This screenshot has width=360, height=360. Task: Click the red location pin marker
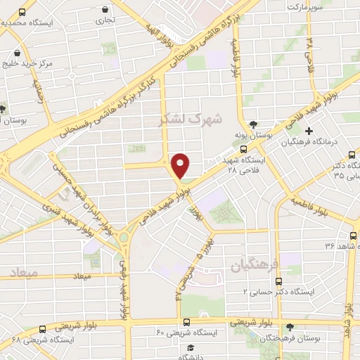pyautogui.click(x=181, y=165)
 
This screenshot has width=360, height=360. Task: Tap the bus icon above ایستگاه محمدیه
pyautogui.click(x=23, y=13)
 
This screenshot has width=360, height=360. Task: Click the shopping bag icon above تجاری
pyautogui.click(x=105, y=10)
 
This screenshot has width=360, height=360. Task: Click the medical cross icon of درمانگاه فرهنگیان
pyautogui.click(x=309, y=131)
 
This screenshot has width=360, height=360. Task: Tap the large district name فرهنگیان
pyautogui.click(x=255, y=264)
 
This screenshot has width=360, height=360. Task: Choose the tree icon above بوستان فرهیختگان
pyautogui.click(x=290, y=327)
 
